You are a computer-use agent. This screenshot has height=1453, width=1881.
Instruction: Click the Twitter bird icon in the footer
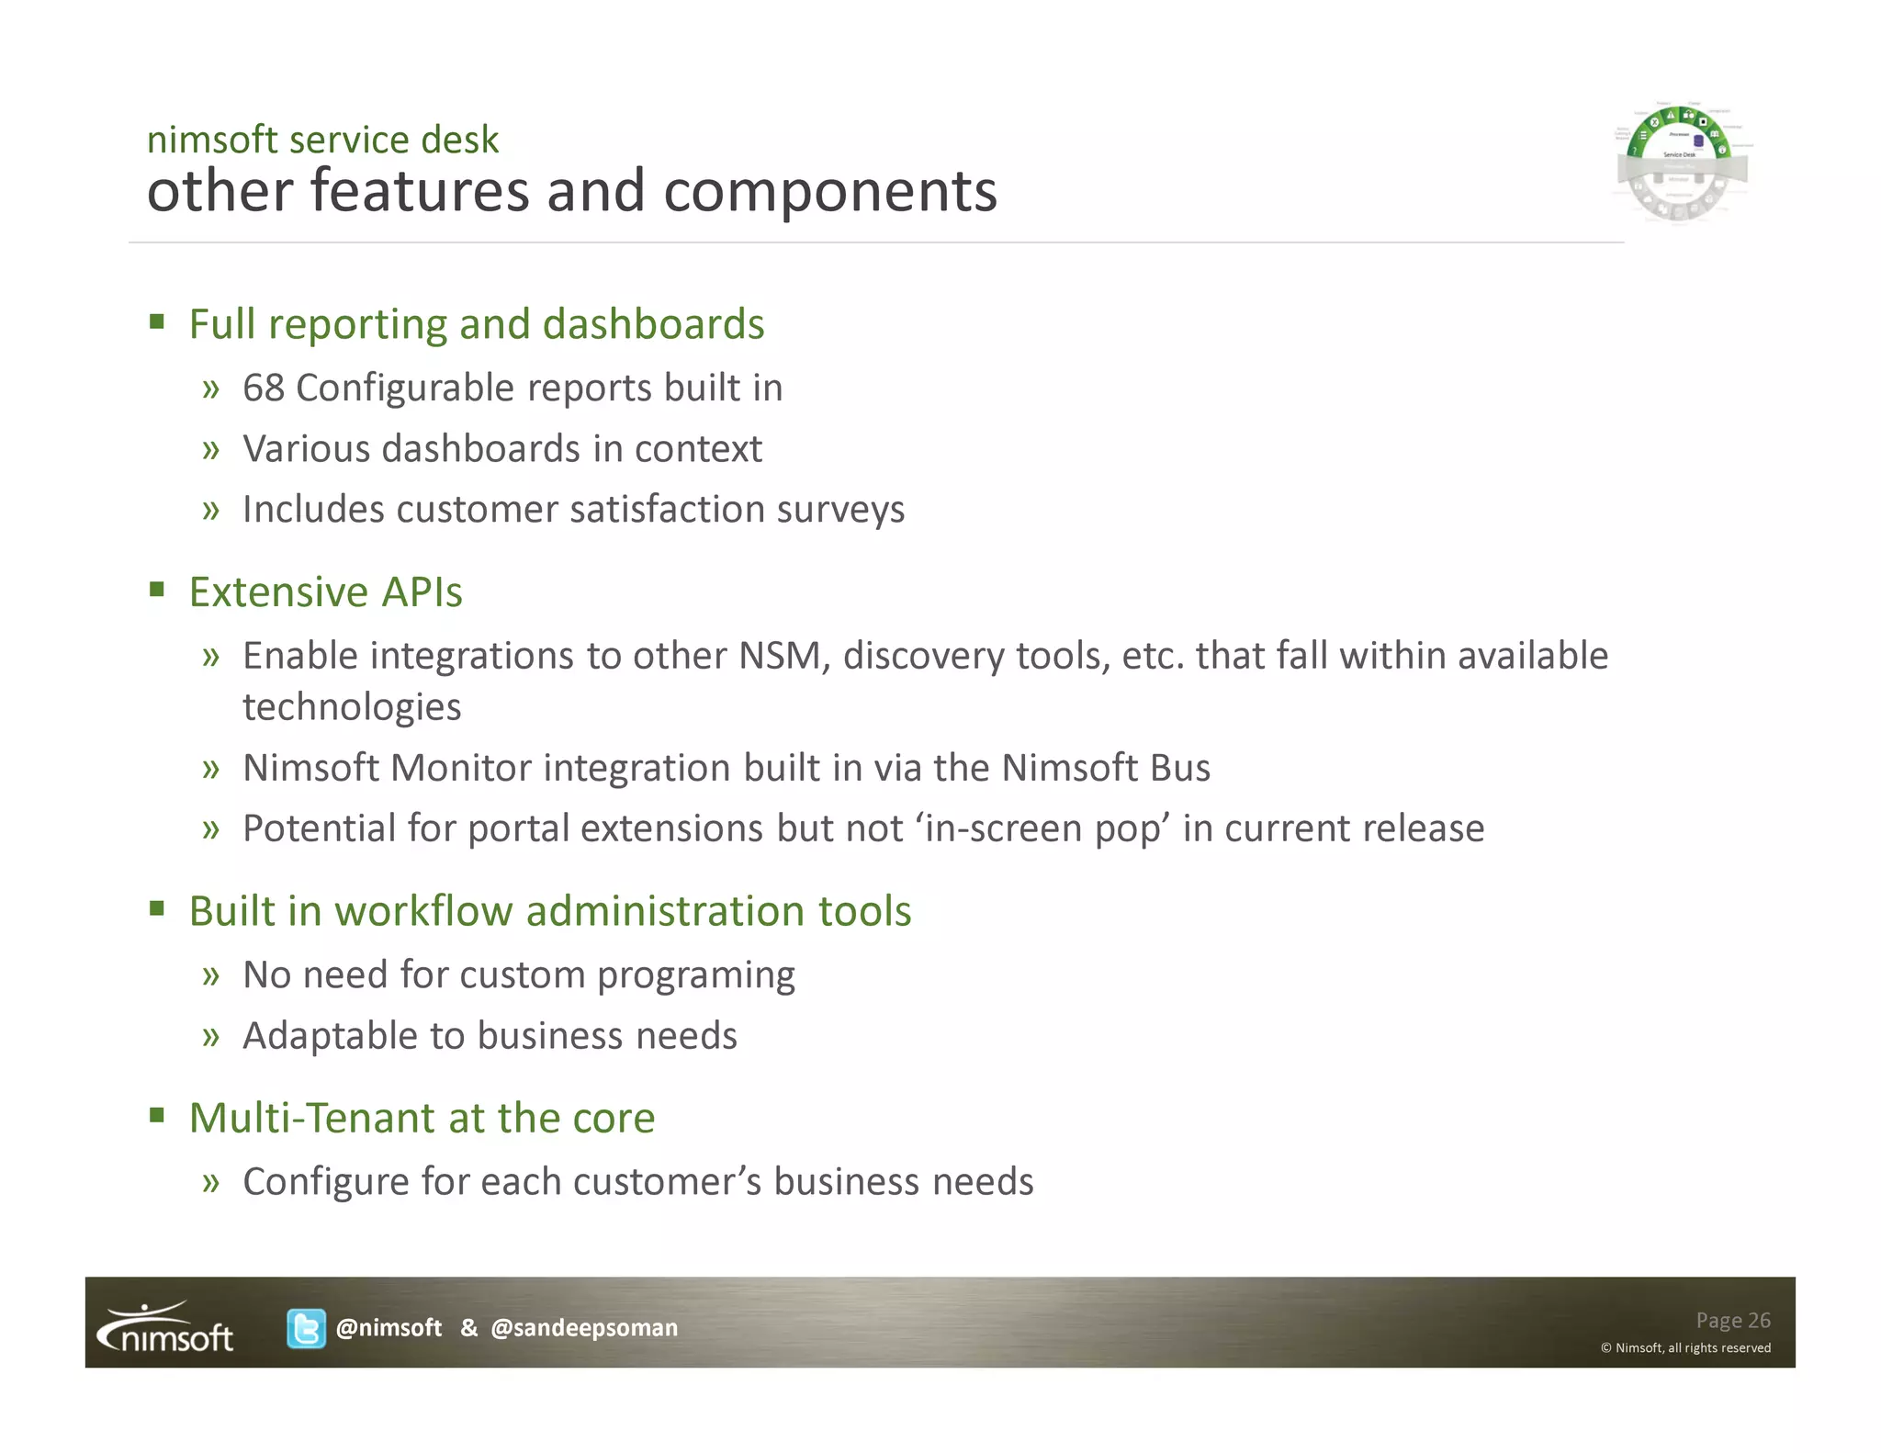[306, 1328]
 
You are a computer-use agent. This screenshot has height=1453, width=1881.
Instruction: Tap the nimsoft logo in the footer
[166, 1328]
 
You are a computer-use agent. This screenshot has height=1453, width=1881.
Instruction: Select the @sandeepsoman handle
[584, 1328]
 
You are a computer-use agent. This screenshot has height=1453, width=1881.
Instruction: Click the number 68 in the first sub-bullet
[264, 388]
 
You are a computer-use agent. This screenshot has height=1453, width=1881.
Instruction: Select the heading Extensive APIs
[325, 591]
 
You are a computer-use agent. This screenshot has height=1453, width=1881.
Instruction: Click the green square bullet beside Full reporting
[157, 321]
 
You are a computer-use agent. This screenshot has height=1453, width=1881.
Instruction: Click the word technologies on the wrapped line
[352, 707]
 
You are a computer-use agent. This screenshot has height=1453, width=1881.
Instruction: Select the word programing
[695, 975]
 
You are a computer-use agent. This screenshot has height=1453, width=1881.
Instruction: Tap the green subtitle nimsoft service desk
[322, 140]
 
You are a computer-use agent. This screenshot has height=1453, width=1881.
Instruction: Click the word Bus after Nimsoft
[1178, 768]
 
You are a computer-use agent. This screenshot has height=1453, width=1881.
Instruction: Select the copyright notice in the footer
[1685, 1347]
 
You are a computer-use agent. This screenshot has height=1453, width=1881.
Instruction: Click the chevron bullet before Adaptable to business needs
[211, 1036]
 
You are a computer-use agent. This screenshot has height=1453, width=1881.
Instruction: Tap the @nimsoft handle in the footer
[389, 1328]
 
